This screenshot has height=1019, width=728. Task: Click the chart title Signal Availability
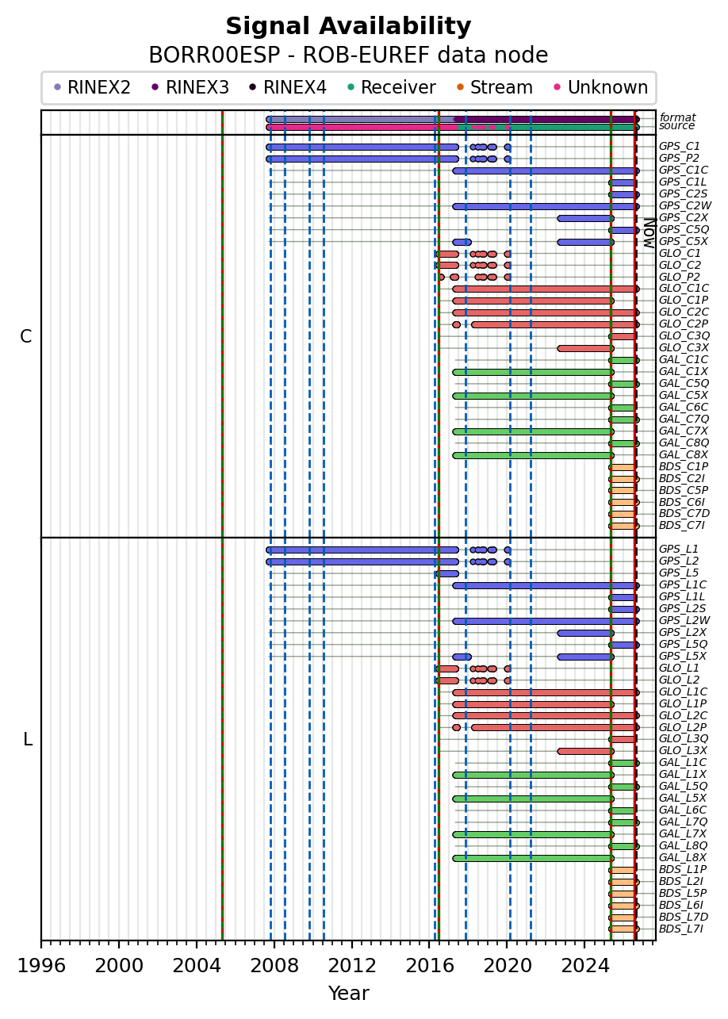tap(348, 26)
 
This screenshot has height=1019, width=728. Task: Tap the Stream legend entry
tap(495, 87)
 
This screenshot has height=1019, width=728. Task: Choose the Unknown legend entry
tap(601, 87)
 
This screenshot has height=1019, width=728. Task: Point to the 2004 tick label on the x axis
tap(197, 965)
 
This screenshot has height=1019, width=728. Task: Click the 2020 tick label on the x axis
tap(508, 965)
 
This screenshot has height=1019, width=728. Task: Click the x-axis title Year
tap(348, 994)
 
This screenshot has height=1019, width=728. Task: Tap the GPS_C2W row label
tap(685, 205)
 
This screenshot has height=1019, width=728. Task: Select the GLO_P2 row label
tap(680, 277)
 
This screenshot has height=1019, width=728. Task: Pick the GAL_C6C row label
tap(684, 407)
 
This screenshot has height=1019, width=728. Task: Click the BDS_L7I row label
tap(681, 929)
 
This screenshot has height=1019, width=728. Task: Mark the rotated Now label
tap(649, 233)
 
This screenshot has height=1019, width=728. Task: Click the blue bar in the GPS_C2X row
tap(585, 218)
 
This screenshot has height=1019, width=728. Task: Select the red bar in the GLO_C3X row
tap(585, 348)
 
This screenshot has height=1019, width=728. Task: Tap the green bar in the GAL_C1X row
tap(533, 372)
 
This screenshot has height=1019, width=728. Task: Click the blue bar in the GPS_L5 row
tap(446, 573)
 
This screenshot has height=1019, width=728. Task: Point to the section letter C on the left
tap(26, 337)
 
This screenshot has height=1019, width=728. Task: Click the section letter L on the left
tap(28, 740)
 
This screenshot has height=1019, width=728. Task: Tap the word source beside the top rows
tap(676, 126)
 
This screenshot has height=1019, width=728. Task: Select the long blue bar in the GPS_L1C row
tap(546, 585)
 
